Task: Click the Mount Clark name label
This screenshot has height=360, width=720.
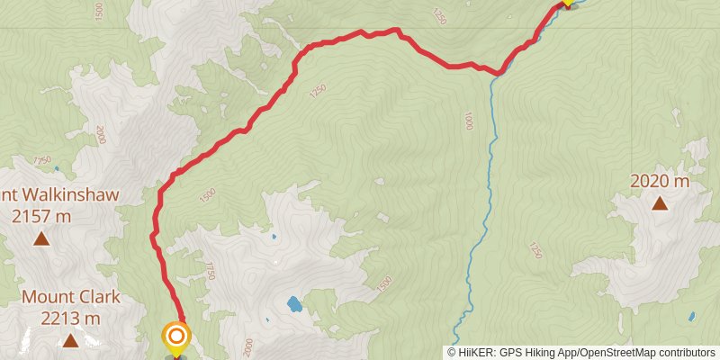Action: pyautogui.click(x=70, y=297)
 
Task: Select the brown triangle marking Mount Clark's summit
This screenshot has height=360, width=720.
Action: pyautogui.click(x=70, y=340)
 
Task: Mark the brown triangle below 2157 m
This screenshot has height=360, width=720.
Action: pyautogui.click(x=40, y=238)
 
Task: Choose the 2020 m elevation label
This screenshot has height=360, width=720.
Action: pyautogui.click(x=660, y=181)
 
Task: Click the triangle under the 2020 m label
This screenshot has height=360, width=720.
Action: pyautogui.click(x=660, y=203)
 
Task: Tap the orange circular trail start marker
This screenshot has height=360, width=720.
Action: pyautogui.click(x=176, y=337)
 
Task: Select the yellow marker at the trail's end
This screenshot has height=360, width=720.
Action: pyautogui.click(x=567, y=3)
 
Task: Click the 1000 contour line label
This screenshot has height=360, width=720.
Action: pyautogui.click(x=467, y=121)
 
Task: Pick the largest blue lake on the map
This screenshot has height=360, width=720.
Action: pyautogui.click(x=294, y=304)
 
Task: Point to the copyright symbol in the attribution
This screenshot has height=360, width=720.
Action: pyautogui.click(x=454, y=352)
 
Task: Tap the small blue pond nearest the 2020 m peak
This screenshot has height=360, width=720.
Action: pyautogui.click(x=691, y=317)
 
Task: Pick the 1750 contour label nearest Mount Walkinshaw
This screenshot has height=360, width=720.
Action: pyautogui.click(x=41, y=160)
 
